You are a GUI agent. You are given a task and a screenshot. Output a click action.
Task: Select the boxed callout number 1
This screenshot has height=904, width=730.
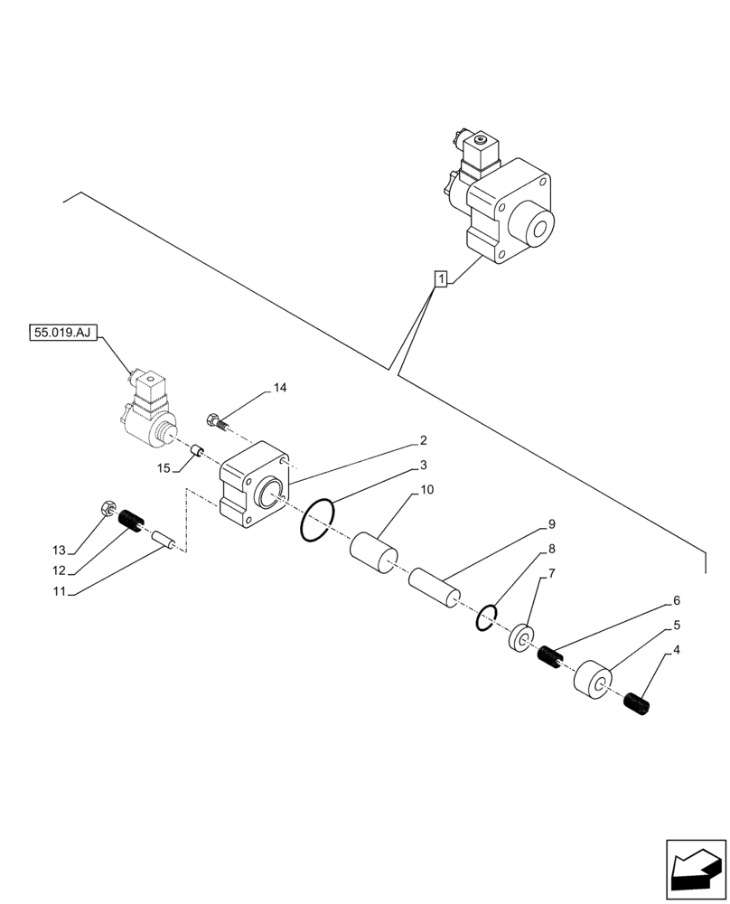[x=440, y=279]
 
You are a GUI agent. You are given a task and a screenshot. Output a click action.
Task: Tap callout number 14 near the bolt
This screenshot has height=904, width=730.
[x=280, y=388]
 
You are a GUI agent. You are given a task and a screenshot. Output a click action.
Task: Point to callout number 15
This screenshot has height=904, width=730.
[x=164, y=468]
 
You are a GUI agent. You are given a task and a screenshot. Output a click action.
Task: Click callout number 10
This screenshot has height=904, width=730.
[x=427, y=490]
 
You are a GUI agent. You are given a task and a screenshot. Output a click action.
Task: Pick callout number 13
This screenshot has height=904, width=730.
[x=59, y=550]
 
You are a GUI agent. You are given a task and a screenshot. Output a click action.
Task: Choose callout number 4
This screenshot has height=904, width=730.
[x=676, y=649]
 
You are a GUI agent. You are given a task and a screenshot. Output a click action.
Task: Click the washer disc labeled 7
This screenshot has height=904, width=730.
[x=520, y=639]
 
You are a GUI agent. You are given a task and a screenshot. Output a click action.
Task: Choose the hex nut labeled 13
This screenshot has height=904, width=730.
[x=106, y=510]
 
